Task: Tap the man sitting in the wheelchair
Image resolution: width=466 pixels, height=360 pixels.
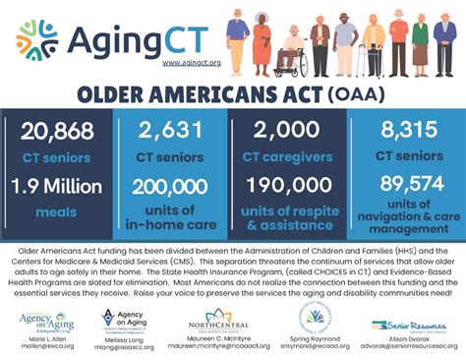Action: [x=290, y=51]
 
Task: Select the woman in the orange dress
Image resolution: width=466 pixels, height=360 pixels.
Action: [x=262, y=44]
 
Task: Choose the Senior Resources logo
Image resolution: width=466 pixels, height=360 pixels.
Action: [x=407, y=325]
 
